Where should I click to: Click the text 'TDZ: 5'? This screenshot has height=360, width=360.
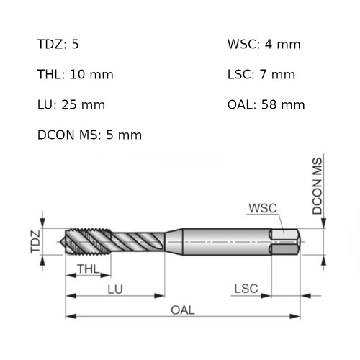tap(58, 45)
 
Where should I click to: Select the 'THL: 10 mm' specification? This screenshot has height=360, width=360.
tap(75, 75)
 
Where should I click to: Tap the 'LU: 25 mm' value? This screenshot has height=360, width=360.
tap(71, 105)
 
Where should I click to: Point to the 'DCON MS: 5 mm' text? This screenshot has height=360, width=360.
tap(89, 135)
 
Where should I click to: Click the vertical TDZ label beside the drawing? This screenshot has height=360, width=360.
tap(35, 242)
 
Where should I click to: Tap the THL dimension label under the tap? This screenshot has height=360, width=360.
tap(87, 270)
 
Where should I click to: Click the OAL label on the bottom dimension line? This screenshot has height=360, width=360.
tap(183, 310)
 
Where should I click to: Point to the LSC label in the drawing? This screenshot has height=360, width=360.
tap(246, 289)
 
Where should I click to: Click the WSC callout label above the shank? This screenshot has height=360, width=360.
tap(262, 209)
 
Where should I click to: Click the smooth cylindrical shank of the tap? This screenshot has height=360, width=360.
tap(223, 242)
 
